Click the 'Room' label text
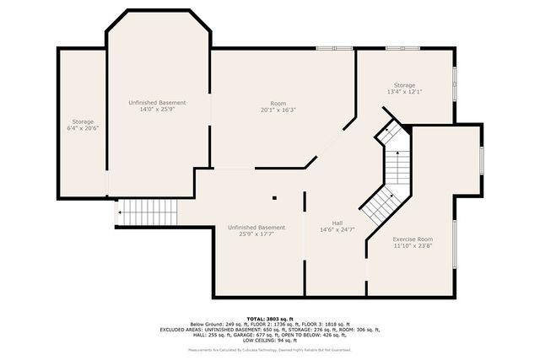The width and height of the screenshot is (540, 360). (x=278, y=103)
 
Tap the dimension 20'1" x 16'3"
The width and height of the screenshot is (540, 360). (x=278, y=110)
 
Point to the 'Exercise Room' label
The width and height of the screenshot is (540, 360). (x=413, y=239)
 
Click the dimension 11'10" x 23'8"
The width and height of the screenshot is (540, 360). (x=413, y=246)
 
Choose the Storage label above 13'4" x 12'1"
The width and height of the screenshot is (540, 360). (x=404, y=84)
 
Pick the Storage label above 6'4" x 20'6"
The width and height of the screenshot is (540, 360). (x=83, y=121)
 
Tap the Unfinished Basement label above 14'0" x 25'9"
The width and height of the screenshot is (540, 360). (x=157, y=102)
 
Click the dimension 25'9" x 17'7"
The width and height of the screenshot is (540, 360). (x=256, y=234)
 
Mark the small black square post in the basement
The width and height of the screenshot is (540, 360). (x=274, y=198)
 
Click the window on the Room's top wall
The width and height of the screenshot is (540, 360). (x=334, y=49)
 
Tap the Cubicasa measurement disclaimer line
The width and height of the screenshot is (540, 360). (x=270, y=350)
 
